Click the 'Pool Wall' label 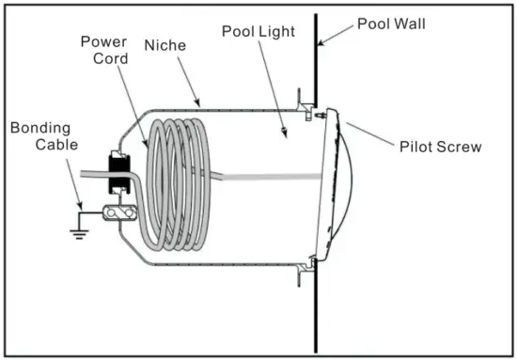click(389, 22)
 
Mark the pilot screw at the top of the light click(322, 116)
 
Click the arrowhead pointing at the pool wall click(320, 41)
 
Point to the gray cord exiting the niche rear click(89, 174)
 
